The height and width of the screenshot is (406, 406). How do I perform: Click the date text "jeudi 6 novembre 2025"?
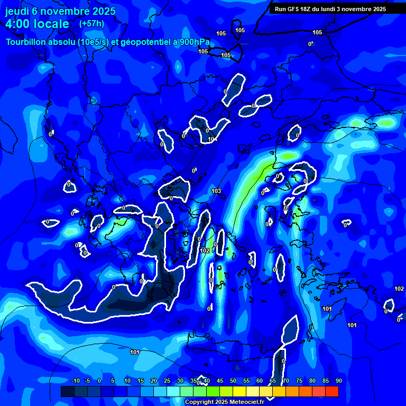click(x=60, y=11)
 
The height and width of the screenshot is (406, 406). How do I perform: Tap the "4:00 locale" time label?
click(x=37, y=24)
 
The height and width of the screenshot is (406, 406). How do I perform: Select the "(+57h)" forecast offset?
click(x=91, y=24)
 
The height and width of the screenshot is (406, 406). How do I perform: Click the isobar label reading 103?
click(x=216, y=191)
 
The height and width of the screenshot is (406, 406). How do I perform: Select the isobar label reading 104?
click(x=212, y=140)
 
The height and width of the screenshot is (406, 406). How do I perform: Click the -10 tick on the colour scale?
click(x=75, y=381)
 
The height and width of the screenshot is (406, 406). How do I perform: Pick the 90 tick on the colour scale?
click(x=338, y=381)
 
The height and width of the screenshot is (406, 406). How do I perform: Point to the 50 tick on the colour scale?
click(x=233, y=381)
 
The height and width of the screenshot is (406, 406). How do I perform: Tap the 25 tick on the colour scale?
click(x=167, y=381)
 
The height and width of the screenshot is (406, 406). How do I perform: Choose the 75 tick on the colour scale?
click(x=299, y=381)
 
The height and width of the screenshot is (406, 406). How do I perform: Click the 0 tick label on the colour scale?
click(x=100, y=381)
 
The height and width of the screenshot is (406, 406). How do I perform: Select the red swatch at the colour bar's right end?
click(x=332, y=391)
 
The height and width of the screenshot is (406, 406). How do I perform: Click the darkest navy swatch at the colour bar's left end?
click(x=67, y=391)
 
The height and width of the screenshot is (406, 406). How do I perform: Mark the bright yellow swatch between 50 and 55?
click(x=239, y=391)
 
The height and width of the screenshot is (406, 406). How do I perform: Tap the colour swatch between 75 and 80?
click(x=306, y=391)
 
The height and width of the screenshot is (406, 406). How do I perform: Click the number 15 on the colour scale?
click(x=141, y=381)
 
